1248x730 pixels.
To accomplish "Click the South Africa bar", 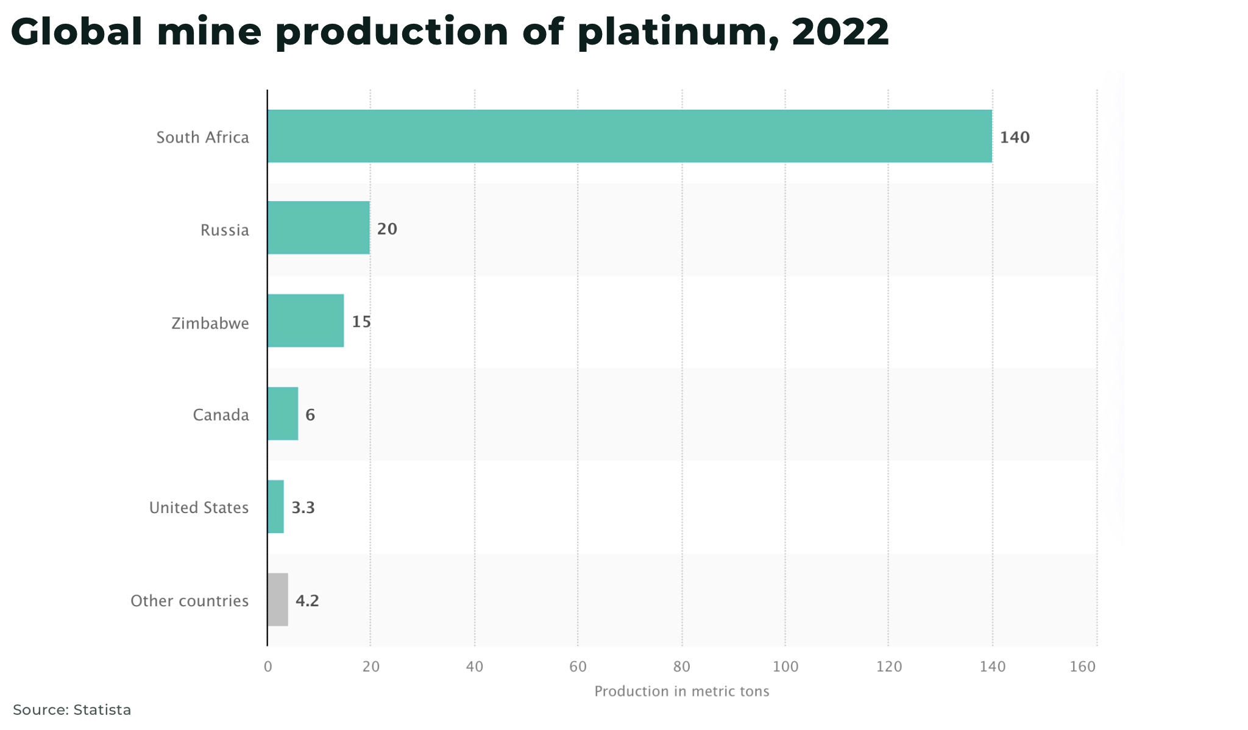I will click(629, 136).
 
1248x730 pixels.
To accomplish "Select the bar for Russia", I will click(318, 227).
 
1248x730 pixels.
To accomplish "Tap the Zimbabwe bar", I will click(305, 321).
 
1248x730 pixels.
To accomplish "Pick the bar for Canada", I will click(283, 414).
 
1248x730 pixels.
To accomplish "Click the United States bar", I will click(275, 506).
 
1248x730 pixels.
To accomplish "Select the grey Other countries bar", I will click(277, 600).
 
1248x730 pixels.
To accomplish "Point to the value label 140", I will click(1015, 138).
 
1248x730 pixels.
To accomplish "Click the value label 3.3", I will click(303, 508).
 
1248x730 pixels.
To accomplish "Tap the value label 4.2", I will click(307, 601).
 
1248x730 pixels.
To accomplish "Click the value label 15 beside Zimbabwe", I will click(361, 322).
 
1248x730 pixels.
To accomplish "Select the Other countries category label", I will click(190, 601).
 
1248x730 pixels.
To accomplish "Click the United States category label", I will click(199, 508).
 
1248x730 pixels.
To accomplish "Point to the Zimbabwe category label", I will click(210, 324).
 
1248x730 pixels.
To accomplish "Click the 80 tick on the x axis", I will click(682, 667).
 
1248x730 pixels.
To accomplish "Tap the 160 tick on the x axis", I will click(1083, 667).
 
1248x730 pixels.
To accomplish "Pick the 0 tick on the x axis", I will click(268, 667).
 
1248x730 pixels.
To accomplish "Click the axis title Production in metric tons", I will click(681, 692).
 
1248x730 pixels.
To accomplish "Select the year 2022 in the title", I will click(840, 32).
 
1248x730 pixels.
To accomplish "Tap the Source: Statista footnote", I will click(72, 710).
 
